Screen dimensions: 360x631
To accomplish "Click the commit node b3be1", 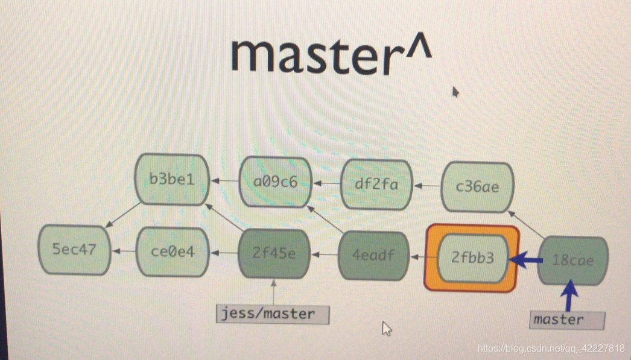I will coord(172,179).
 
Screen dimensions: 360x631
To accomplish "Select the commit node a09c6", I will coord(276,182).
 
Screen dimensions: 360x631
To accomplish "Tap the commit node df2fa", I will coord(376,184).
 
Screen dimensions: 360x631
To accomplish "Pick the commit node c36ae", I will coord(478,186).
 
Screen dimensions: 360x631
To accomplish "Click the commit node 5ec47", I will coord(74,249).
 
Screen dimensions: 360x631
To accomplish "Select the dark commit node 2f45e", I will coord(274,253).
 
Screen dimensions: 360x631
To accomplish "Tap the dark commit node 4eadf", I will coord(373,256).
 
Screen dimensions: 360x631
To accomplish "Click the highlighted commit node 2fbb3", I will coord(472,258).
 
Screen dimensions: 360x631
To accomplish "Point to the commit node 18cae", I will coord(572,261).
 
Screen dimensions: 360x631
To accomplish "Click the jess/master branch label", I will coord(273,314).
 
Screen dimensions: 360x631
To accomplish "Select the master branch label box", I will coord(568,320).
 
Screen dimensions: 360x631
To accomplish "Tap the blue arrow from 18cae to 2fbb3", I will coord(527,261).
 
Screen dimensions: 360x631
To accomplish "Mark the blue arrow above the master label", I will coord(569,297).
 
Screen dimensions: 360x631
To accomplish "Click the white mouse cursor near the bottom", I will coord(387,329).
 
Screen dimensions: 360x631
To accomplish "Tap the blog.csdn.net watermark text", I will coord(550,349).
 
